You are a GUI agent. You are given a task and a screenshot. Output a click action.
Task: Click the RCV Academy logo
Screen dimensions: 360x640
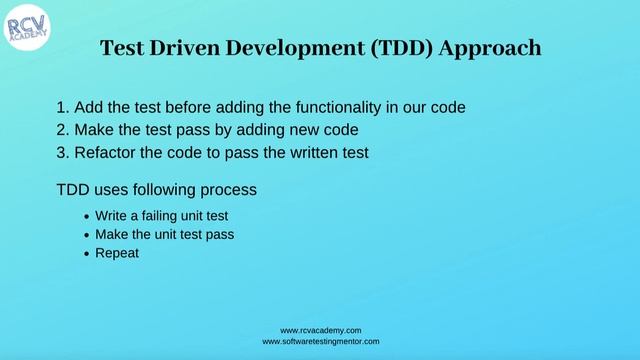(x=27, y=28)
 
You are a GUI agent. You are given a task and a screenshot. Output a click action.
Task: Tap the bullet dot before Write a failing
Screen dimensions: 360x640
(x=86, y=216)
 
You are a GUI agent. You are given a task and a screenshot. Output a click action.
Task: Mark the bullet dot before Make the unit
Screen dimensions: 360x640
(x=86, y=235)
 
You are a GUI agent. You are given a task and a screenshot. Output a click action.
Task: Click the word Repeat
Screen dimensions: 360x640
(x=116, y=254)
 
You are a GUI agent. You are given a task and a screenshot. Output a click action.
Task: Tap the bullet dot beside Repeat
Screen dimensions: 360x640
(x=86, y=254)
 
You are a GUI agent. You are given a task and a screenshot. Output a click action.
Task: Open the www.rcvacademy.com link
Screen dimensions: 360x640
(x=320, y=330)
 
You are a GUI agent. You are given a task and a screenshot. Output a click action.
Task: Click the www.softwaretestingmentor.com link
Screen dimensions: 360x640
(x=320, y=341)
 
